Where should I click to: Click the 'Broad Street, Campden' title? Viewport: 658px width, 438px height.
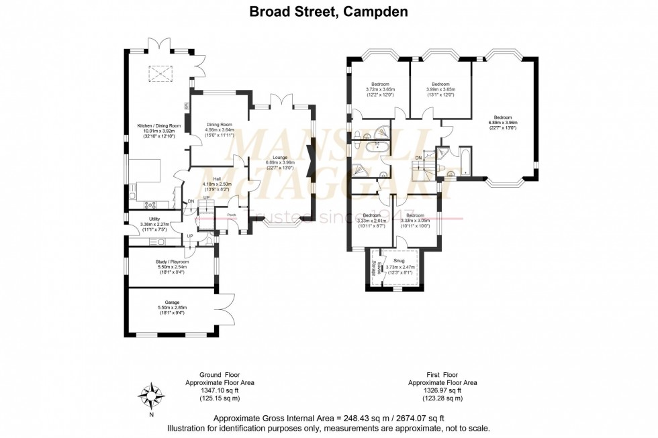coord(328,11)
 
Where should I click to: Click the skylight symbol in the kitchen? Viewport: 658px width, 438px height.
coord(159,72)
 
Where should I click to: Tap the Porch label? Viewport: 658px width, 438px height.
coord(232,215)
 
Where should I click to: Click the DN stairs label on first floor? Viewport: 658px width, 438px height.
coord(419,157)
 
